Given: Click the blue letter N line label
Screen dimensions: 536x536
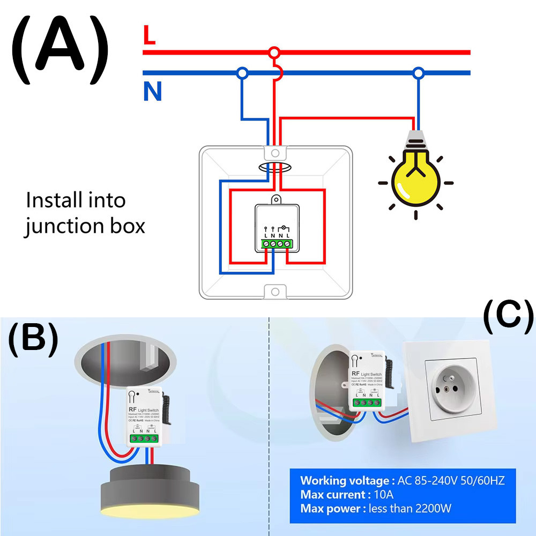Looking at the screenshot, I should click(x=152, y=92).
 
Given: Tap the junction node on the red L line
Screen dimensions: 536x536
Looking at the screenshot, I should click(x=274, y=53).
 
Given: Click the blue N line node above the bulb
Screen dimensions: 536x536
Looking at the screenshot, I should click(x=418, y=72).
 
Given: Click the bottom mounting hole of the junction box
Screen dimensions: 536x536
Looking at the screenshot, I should click(x=275, y=292).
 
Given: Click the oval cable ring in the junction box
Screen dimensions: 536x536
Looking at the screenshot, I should click(x=274, y=168).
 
